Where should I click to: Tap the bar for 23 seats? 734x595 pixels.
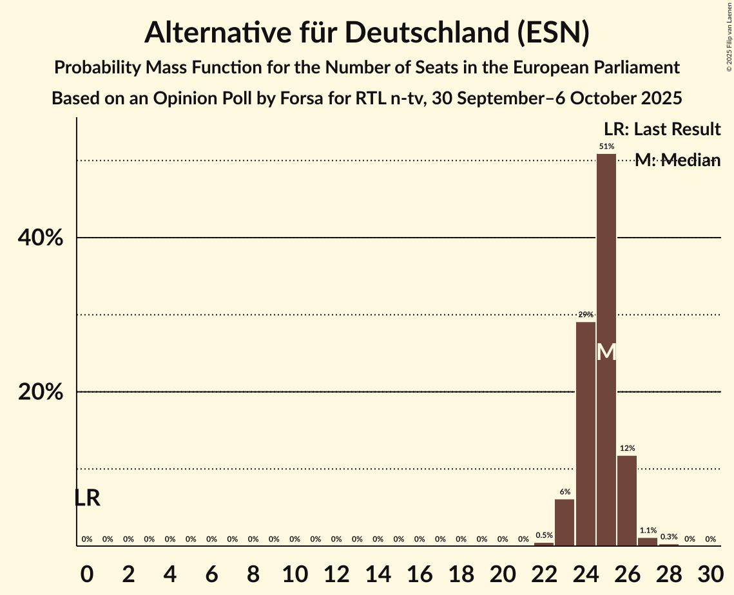tap(565, 522)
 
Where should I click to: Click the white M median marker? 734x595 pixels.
tap(606, 352)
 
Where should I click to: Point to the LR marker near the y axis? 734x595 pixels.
tap(87, 498)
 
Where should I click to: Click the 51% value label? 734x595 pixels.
tap(606, 147)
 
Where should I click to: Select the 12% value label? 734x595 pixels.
tap(627, 448)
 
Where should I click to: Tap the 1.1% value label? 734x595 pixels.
tap(648, 531)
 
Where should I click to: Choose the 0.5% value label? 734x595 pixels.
tap(544, 535)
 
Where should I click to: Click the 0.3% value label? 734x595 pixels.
tap(669, 536)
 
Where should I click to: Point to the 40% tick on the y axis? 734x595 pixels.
tap(40, 238)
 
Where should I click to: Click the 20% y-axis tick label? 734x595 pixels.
tap(40, 392)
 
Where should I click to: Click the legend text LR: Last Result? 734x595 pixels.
tap(662, 129)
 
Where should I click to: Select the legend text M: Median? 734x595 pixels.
tap(677, 160)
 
